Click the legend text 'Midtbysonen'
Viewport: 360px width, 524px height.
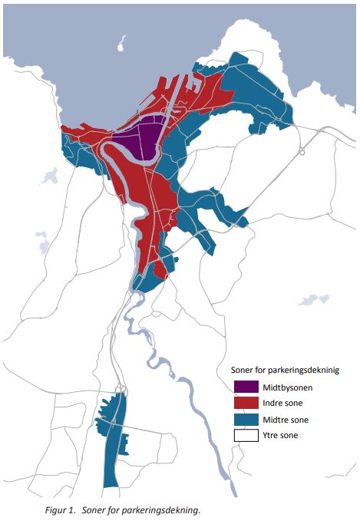point(287,387)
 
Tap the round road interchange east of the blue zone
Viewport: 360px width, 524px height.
point(302,151)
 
